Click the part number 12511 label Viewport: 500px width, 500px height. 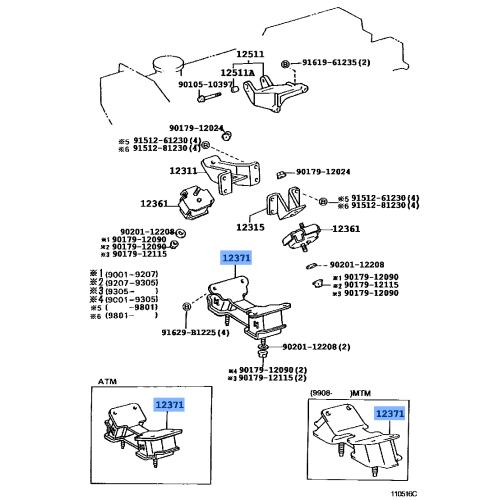pos(252,54)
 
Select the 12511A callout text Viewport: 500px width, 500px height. pos(237,72)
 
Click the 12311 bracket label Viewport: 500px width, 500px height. pos(185,170)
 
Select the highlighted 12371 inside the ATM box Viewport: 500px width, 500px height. pos(170,403)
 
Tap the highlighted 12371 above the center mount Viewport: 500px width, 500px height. pos(237,258)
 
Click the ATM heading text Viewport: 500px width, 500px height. pos(108,381)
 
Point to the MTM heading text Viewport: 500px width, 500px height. pos(357,395)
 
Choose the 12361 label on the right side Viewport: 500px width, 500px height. pos(346,229)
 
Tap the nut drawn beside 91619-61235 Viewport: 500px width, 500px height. pos(286,64)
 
